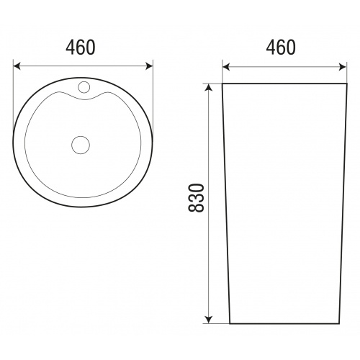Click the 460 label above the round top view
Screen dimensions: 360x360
(81, 48)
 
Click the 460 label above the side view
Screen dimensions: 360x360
(281, 48)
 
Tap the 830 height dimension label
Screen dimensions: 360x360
(196, 198)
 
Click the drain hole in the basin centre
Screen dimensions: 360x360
(81, 145)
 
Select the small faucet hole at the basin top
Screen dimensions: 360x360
(84, 86)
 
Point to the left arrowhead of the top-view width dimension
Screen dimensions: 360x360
(17, 66)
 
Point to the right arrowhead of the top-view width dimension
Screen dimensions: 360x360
(149, 66)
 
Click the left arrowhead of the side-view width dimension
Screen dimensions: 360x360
(226, 67)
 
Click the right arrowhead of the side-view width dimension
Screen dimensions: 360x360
(343, 67)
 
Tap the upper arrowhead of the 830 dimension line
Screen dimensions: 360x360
(210, 88)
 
